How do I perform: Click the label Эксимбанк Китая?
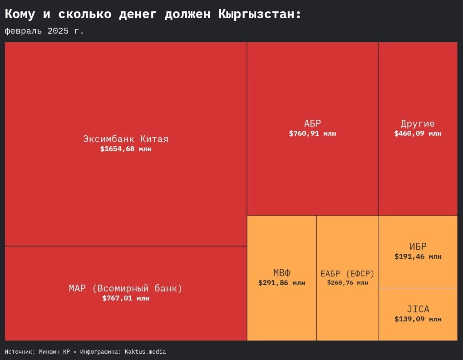coord(126,139)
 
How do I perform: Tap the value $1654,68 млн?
coord(126,149)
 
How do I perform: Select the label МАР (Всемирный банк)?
coord(126,288)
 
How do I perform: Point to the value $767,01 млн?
coord(126,298)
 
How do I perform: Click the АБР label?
coord(312,123)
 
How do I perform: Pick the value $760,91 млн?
coord(312,133)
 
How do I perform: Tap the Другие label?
coord(418,123)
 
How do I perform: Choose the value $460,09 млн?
coord(418,133)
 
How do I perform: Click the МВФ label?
coord(282,273)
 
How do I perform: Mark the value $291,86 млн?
coord(282,283)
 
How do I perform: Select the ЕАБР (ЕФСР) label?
coord(347,274)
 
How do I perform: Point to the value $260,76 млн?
coord(347,282)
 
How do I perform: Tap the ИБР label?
coord(418,247)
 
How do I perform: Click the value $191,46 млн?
coord(418,256)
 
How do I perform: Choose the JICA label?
coord(418,309)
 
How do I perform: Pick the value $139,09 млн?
coord(418,319)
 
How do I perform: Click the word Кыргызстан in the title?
coord(260,15)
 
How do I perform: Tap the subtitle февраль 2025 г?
coord(44,31)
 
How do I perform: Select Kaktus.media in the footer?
coord(145,352)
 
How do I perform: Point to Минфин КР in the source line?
coord(54,352)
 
